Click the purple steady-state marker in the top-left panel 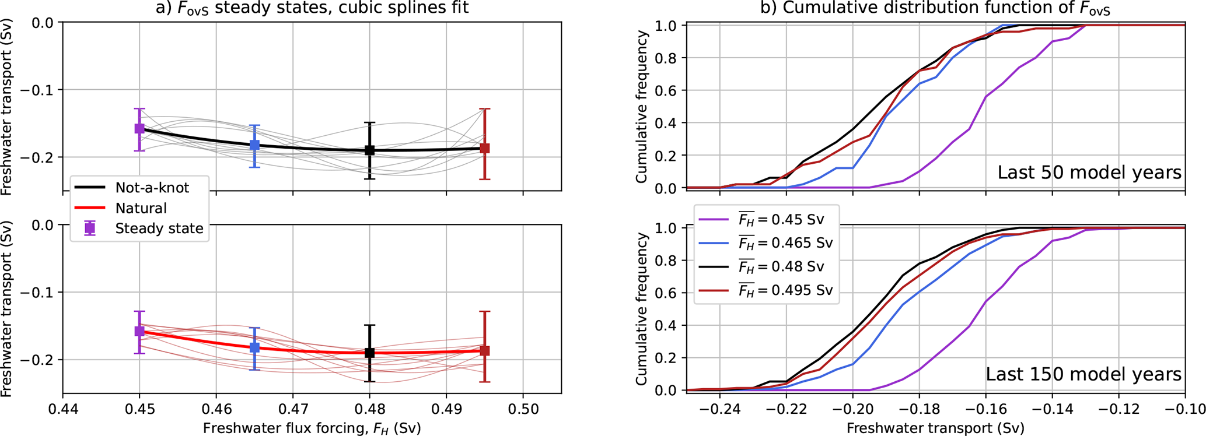coord(139,129)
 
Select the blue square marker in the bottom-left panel coord(254,347)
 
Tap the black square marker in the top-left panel coord(369,150)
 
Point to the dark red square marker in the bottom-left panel coord(484,350)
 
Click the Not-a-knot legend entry coord(152,188)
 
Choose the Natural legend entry coord(141,208)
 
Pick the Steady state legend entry coord(159,228)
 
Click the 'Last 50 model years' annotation coord(1089,173)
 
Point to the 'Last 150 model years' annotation coord(1083,374)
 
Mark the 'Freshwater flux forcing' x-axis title coord(312,428)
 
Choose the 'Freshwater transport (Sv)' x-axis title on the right coord(935,428)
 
